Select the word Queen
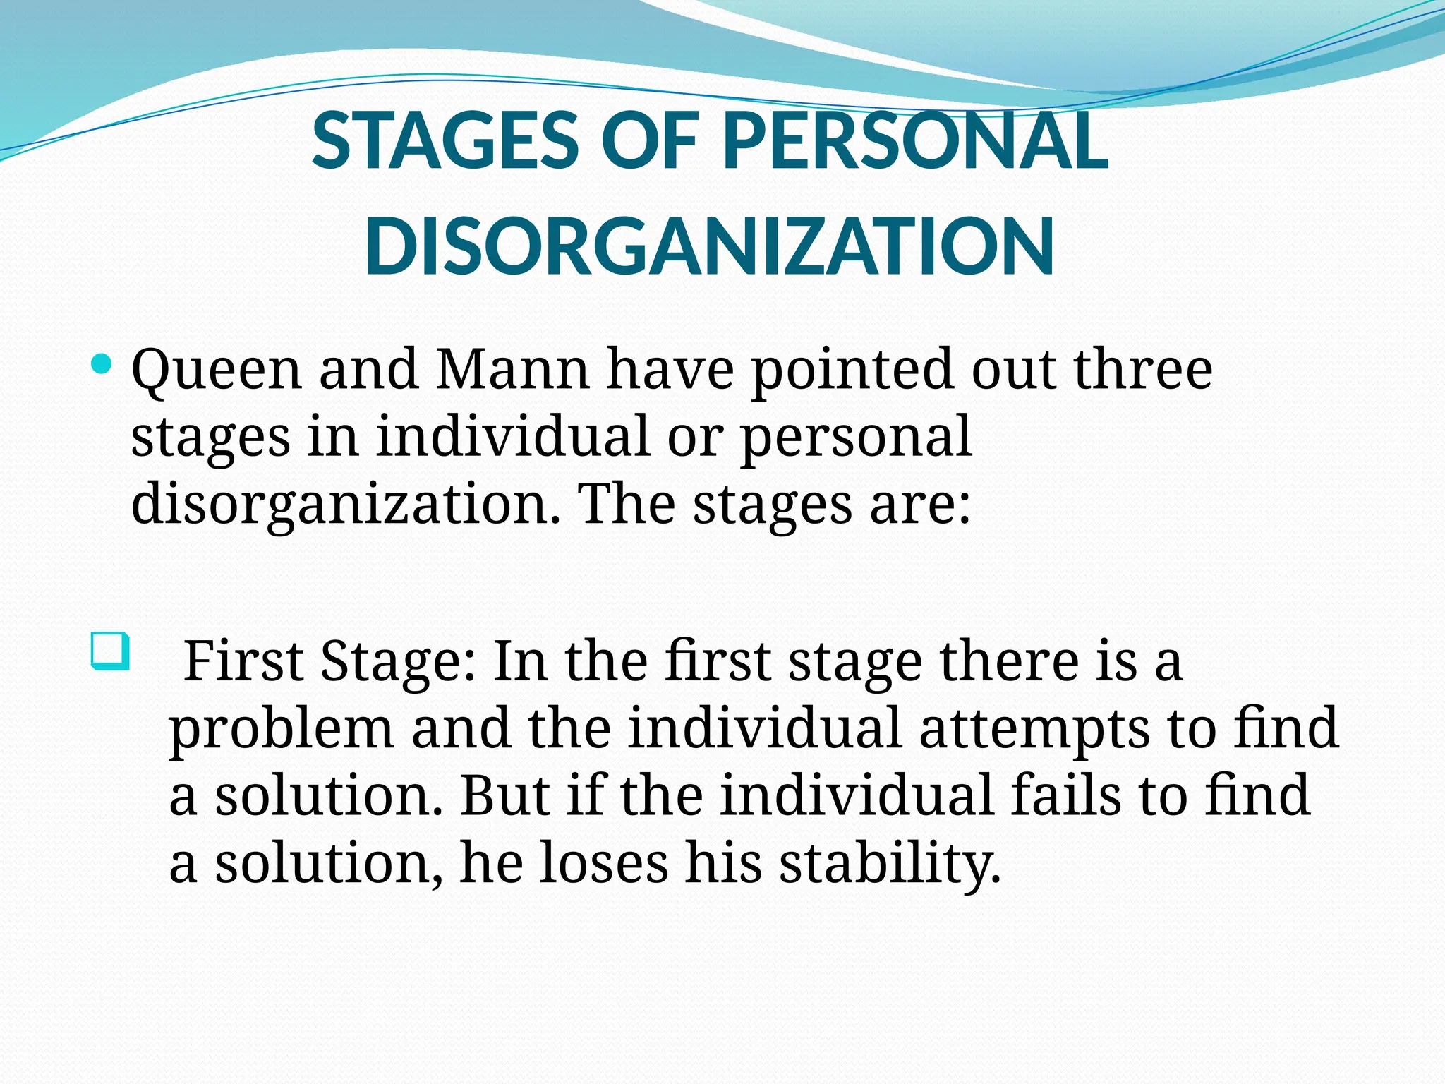tap(217, 371)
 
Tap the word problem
tap(282, 730)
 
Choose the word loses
tap(603, 863)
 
